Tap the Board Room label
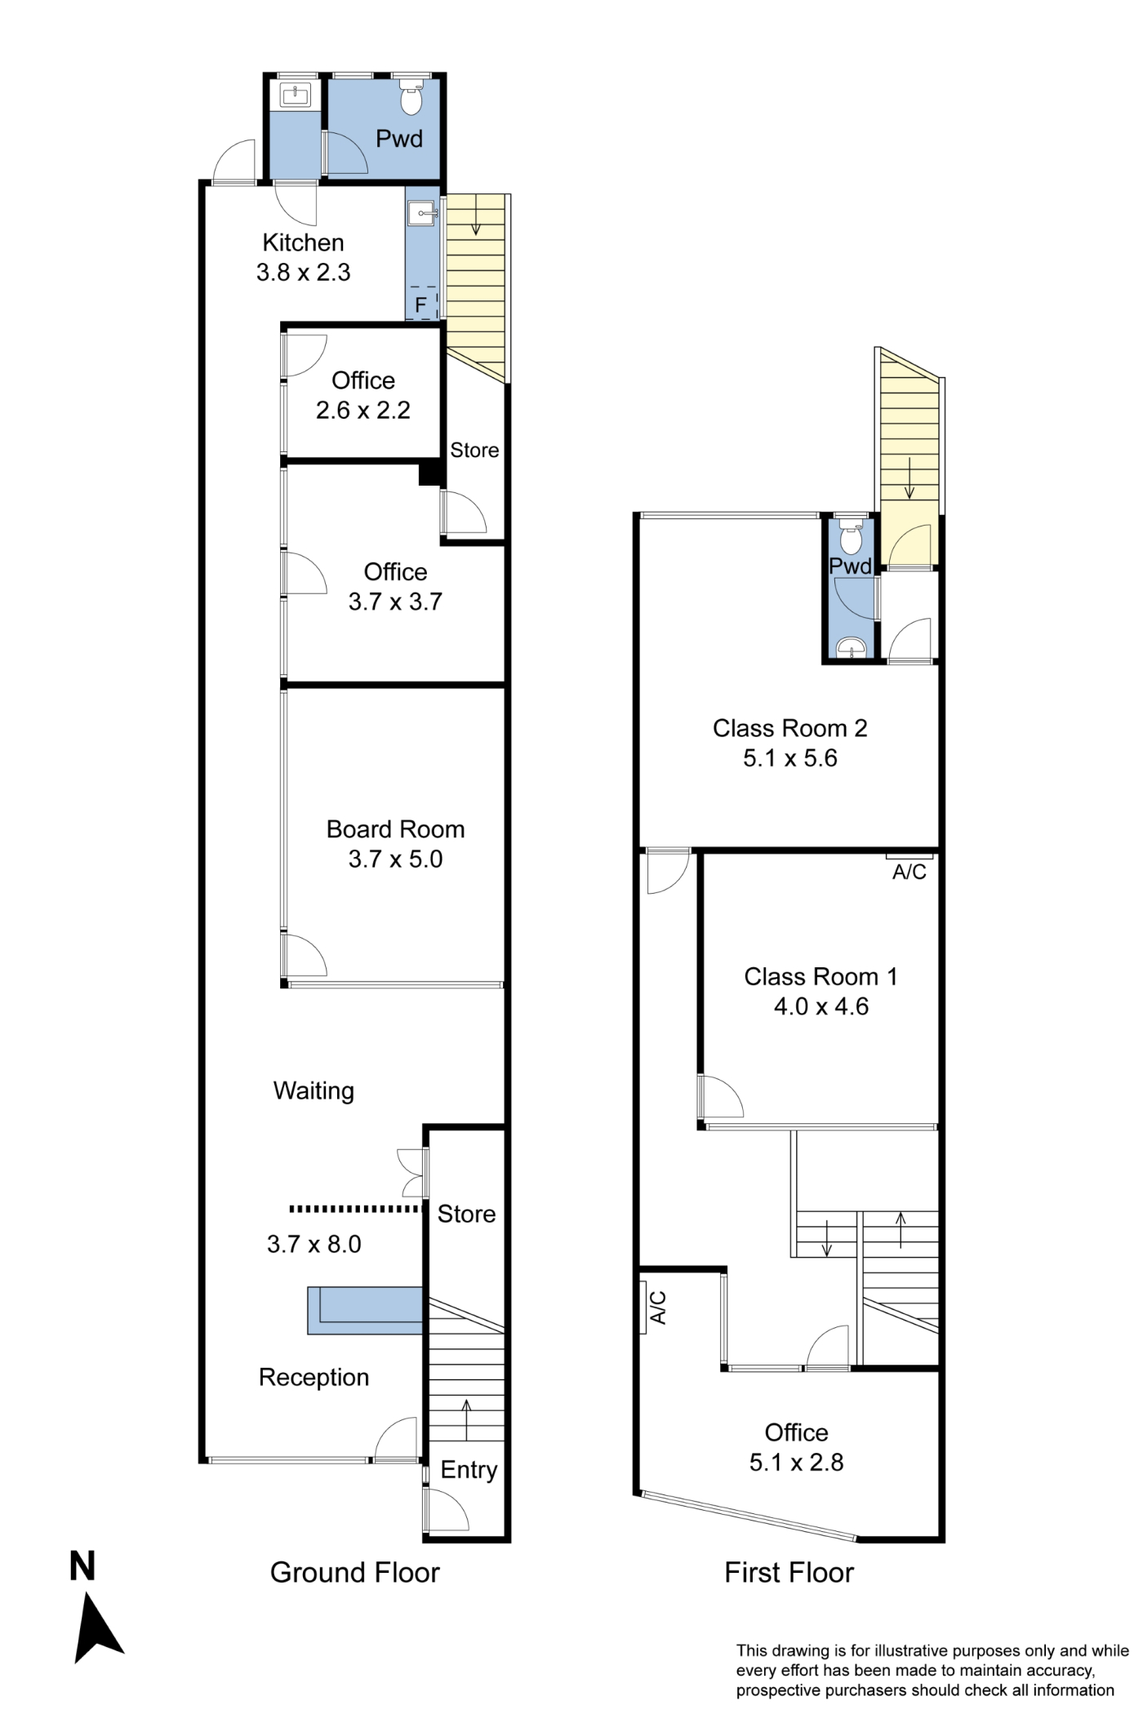[x=395, y=829]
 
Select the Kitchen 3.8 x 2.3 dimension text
[x=304, y=272]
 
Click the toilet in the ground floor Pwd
[x=411, y=98]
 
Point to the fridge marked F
[x=421, y=303]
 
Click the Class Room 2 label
[x=789, y=728]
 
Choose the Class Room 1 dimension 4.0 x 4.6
[x=821, y=1006]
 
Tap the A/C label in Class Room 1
[x=910, y=873]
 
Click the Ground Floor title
[x=355, y=1573]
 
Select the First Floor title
[x=789, y=1573]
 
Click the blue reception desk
[x=366, y=1311]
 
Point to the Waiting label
[x=314, y=1091]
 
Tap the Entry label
[x=469, y=1470]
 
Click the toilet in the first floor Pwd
[x=852, y=538]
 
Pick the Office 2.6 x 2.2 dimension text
[x=363, y=410]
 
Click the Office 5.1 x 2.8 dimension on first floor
[x=797, y=1462]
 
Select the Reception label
[x=314, y=1377]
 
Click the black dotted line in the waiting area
[x=355, y=1208]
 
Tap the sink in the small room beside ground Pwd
[x=295, y=96]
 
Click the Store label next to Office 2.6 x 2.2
[x=474, y=451]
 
